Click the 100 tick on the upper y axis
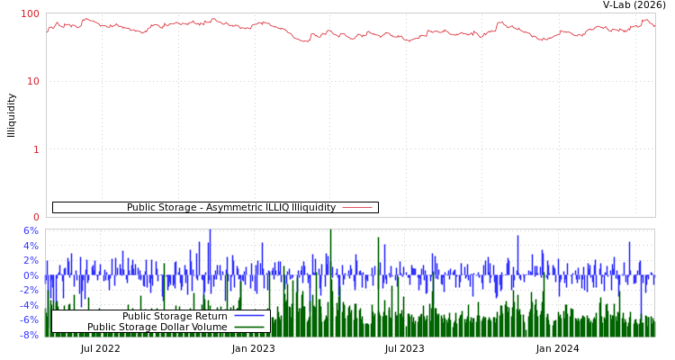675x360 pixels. (x=31, y=13)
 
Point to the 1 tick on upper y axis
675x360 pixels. (x=36, y=149)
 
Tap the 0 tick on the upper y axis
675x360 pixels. (x=36, y=217)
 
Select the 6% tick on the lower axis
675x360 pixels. (x=31, y=230)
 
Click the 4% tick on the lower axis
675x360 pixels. (x=31, y=246)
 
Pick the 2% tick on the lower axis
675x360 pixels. (x=31, y=260)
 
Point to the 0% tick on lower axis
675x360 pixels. (x=31, y=275)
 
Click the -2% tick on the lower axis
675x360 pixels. (x=30, y=290)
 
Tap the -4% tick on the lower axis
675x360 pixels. (x=30, y=305)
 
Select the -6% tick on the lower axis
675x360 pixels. (x=30, y=319)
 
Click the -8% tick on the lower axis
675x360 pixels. (x=30, y=335)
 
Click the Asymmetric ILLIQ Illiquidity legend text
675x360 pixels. (x=231, y=208)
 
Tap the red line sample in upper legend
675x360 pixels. (x=357, y=208)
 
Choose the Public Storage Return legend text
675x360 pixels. (x=175, y=316)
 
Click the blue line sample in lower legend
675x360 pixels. (x=248, y=316)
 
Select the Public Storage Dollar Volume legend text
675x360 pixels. (x=157, y=327)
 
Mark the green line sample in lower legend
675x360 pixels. (x=248, y=327)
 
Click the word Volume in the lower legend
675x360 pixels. (x=209, y=327)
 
